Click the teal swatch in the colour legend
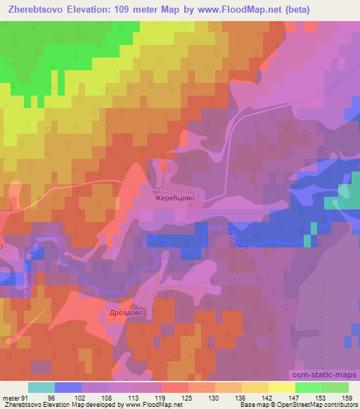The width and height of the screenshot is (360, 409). [x=41, y=388]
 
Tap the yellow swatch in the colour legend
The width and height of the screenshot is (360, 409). [x=282, y=388]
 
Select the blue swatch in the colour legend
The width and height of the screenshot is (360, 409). [x=68, y=388]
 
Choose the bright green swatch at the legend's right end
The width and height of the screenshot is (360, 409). [x=335, y=388]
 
